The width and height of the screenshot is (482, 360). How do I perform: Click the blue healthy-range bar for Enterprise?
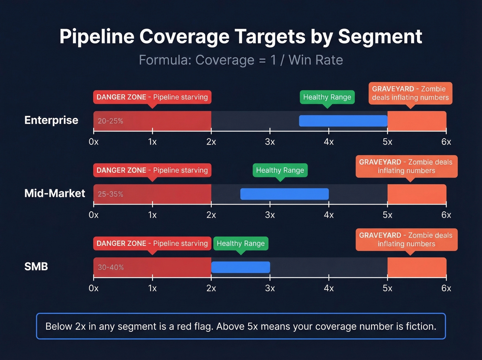coord(343,121)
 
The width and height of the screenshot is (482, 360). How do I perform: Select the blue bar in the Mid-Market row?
coord(284,194)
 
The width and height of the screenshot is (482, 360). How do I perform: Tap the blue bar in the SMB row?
coord(241,267)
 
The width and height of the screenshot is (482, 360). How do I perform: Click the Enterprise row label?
coord(51,120)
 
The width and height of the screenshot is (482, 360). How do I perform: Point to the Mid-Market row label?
coord(54,193)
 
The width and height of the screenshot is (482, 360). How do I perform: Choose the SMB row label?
coord(36,267)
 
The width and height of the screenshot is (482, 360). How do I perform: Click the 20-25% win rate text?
coord(110,121)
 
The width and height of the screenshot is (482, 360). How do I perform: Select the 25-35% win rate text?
coord(110,194)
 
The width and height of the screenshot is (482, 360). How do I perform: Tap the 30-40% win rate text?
coord(111,267)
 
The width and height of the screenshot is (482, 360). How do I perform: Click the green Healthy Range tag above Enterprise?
coord(327,97)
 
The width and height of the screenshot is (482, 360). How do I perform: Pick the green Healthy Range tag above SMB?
coord(241,244)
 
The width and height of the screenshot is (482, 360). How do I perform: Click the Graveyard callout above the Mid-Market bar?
coord(406,166)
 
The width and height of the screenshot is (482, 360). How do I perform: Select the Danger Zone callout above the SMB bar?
coord(152,244)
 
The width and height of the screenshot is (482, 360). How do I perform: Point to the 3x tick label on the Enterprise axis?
coord(270,142)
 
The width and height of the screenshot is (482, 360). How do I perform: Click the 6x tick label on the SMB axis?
coord(446,288)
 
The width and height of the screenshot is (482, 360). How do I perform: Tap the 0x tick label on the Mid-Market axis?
coord(94,215)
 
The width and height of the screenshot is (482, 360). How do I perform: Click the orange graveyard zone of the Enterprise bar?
coord(417,121)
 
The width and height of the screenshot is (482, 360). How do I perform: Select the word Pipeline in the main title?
coord(97,37)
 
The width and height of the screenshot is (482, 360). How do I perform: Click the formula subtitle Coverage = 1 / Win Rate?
coord(241,60)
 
